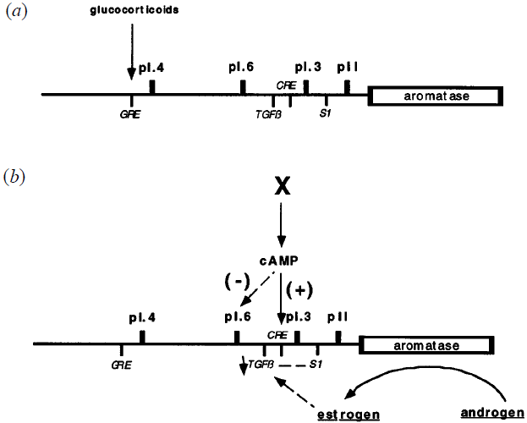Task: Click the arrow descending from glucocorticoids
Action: (x=129, y=51)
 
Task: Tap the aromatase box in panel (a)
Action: (x=436, y=96)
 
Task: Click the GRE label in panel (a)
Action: (x=129, y=113)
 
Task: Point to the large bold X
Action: (x=282, y=187)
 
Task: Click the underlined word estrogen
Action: (x=353, y=415)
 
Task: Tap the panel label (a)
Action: (x=14, y=14)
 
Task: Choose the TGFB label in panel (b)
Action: (x=259, y=365)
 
